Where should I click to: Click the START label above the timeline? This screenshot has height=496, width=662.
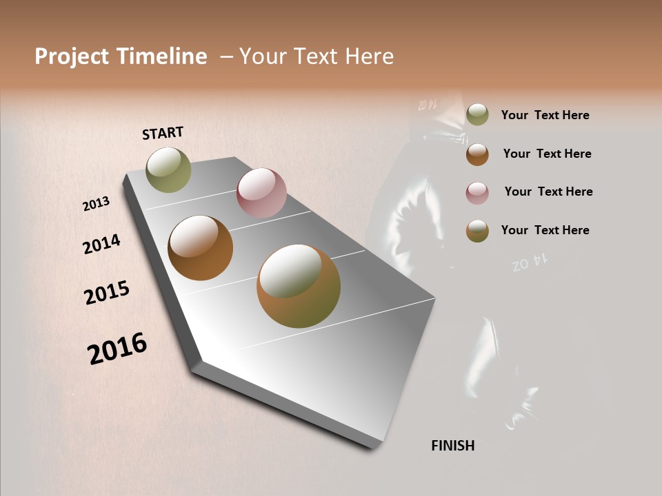click(x=163, y=133)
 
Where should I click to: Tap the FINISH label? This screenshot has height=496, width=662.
click(x=452, y=446)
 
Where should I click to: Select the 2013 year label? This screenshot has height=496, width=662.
click(x=96, y=203)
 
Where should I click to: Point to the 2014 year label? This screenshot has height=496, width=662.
click(x=101, y=245)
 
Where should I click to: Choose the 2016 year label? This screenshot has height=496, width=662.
click(x=117, y=348)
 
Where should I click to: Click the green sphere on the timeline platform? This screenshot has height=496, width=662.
click(x=168, y=169)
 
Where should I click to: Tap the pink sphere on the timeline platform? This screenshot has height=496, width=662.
click(x=261, y=193)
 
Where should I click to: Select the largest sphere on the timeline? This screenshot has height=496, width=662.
click(x=299, y=286)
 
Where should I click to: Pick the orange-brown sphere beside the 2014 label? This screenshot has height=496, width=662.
click(x=200, y=248)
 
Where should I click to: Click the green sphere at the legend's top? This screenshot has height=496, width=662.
click(x=477, y=114)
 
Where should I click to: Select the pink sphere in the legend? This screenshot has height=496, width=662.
click(x=477, y=193)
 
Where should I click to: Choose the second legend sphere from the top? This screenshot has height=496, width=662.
click(x=477, y=154)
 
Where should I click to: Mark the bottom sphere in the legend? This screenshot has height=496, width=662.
click(x=477, y=231)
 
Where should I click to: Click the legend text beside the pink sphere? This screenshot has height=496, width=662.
click(x=548, y=192)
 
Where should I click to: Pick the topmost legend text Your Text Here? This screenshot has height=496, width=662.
click(x=545, y=115)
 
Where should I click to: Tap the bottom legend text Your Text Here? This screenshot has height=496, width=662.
click(x=545, y=230)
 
